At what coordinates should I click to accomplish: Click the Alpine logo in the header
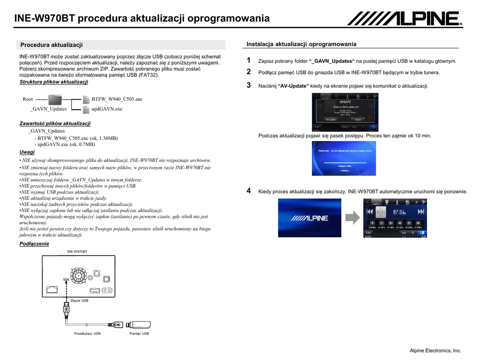405,19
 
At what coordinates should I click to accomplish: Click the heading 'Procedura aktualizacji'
52,45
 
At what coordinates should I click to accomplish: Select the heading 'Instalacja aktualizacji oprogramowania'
301,44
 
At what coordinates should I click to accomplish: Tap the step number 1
249,60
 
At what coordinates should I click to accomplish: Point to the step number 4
249,191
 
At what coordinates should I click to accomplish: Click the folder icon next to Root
55,99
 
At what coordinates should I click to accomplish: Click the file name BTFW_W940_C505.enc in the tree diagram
117,99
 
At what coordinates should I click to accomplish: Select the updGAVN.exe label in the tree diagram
107,109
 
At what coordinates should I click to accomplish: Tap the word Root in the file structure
28,99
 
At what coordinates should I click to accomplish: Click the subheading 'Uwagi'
27,152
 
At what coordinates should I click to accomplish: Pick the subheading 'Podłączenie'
34,244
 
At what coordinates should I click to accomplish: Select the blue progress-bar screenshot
344,158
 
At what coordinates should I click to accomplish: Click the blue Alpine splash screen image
309,217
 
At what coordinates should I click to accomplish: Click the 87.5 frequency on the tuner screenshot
399,212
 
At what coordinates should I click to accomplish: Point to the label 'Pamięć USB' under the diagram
139,334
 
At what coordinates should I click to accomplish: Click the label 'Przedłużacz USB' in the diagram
87,334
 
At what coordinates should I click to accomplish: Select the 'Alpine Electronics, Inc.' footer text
435,351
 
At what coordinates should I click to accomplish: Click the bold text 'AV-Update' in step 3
293,86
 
